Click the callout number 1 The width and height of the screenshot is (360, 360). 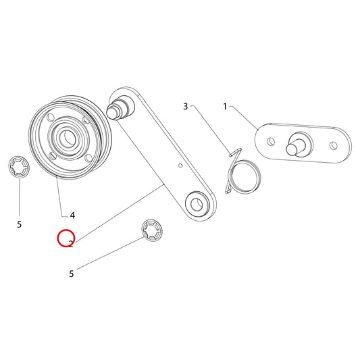click(x=225, y=107)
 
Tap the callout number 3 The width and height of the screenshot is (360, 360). click(x=186, y=107)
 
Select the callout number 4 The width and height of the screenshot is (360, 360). click(x=72, y=215)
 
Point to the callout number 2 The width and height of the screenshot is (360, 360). click(x=71, y=244)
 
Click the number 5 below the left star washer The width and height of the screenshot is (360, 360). click(x=20, y=224)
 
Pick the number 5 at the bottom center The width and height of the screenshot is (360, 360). click(x=72, y=274)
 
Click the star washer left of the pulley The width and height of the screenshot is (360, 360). click(x=19, y=167)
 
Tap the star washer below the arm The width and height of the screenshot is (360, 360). click(x=151, y=230)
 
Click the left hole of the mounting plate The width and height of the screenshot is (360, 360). click(x=271, y=141)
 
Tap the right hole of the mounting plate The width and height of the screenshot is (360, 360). click(x=334, y=145)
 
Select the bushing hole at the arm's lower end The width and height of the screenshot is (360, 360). click(x=197, y=204)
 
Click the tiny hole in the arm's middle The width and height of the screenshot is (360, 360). click(x=180, y=165)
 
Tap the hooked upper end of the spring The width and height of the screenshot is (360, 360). click(x=235, y=152)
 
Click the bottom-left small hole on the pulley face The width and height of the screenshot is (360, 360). click(x=52, y=155)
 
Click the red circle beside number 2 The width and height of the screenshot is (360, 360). click(x=66, y=238)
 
